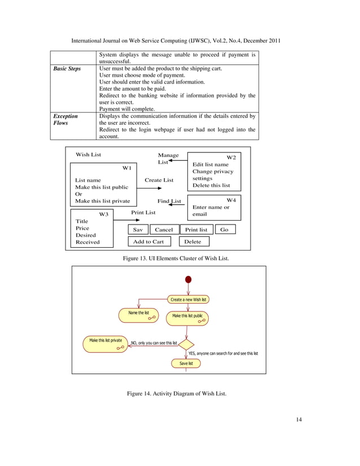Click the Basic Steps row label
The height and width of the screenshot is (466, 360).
click(x=67, y=69)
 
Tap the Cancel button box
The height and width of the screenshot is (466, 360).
click(x=164, y=230)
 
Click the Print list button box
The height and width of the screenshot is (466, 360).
click(x=196, y=230)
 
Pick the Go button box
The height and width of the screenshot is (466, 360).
click(x=225, y=230)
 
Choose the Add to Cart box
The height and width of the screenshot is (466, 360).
click(x=148, y=241)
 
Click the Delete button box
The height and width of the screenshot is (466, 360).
click(x=194, y=241)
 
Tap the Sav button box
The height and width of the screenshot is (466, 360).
click(x=138, y=230)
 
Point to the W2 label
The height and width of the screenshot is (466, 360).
click(x=231, y=157)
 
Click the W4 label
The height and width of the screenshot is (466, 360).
click(x=231, y=200)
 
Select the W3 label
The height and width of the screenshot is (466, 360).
click(x=103, y=214)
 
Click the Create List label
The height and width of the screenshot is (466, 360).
click(x=159, y=181)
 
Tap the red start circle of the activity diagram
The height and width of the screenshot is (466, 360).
click(x=188, y=280)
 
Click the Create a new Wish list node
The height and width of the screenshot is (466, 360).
click(x=189, y=299)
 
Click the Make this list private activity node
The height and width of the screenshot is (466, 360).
click(x=106, y=344)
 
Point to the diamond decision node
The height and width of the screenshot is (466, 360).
click(x=187, y=344)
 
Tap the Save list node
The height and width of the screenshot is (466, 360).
click(x=186, y=364)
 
